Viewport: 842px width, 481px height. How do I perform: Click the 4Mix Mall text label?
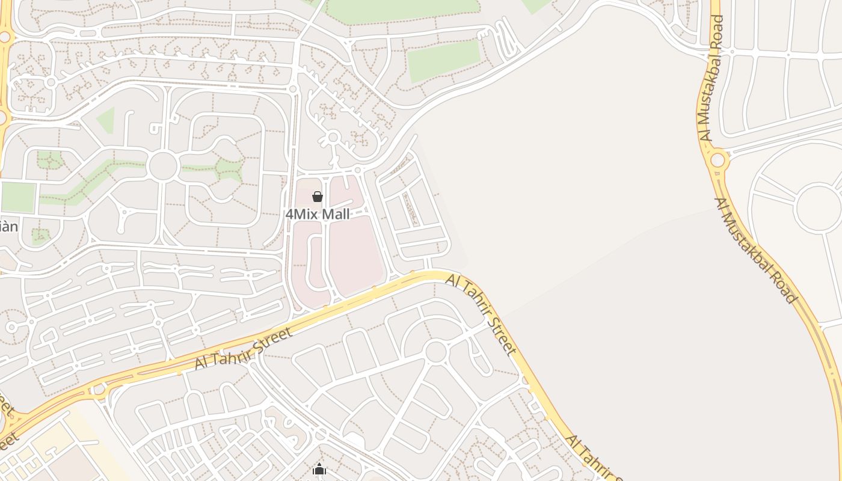click(x=317, y=214)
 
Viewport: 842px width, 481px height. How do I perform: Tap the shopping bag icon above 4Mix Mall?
click(x=318, y=197)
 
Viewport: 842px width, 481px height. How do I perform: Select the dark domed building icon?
click(x=319, y=470)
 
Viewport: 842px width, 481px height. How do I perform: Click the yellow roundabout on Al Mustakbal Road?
click(x=718, y=161)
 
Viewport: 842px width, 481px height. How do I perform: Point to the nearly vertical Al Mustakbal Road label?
click(x=712, y=78)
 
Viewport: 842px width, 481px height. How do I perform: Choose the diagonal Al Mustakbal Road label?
click(x=756, y=250)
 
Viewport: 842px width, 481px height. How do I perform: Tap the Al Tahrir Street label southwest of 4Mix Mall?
click(x=243, y=349)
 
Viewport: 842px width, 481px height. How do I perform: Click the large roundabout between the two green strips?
click(x=163, y=167)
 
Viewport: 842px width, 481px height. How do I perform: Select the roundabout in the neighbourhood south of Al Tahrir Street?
click(x=435, y=352)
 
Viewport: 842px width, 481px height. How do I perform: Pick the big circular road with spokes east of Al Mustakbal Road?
click(x=818, y=207)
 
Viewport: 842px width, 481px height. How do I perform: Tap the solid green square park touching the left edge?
click(x=17, y=197)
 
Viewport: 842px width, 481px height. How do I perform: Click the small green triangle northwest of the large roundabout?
click(x=106, y=120)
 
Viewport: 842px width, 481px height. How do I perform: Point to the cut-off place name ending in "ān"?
click(x=8, y=227)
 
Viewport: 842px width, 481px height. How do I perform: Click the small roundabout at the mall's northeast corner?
click(x=357, y=171)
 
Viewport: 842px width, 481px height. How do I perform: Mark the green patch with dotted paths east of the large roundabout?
click(x=229, y=169)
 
